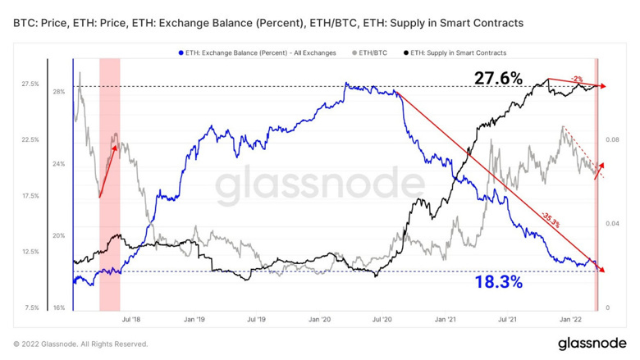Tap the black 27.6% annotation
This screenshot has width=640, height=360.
(x=498, y=78)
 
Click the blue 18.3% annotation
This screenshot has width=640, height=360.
(x=498, y=282)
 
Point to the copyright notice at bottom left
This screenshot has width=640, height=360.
(x=80, y=344)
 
